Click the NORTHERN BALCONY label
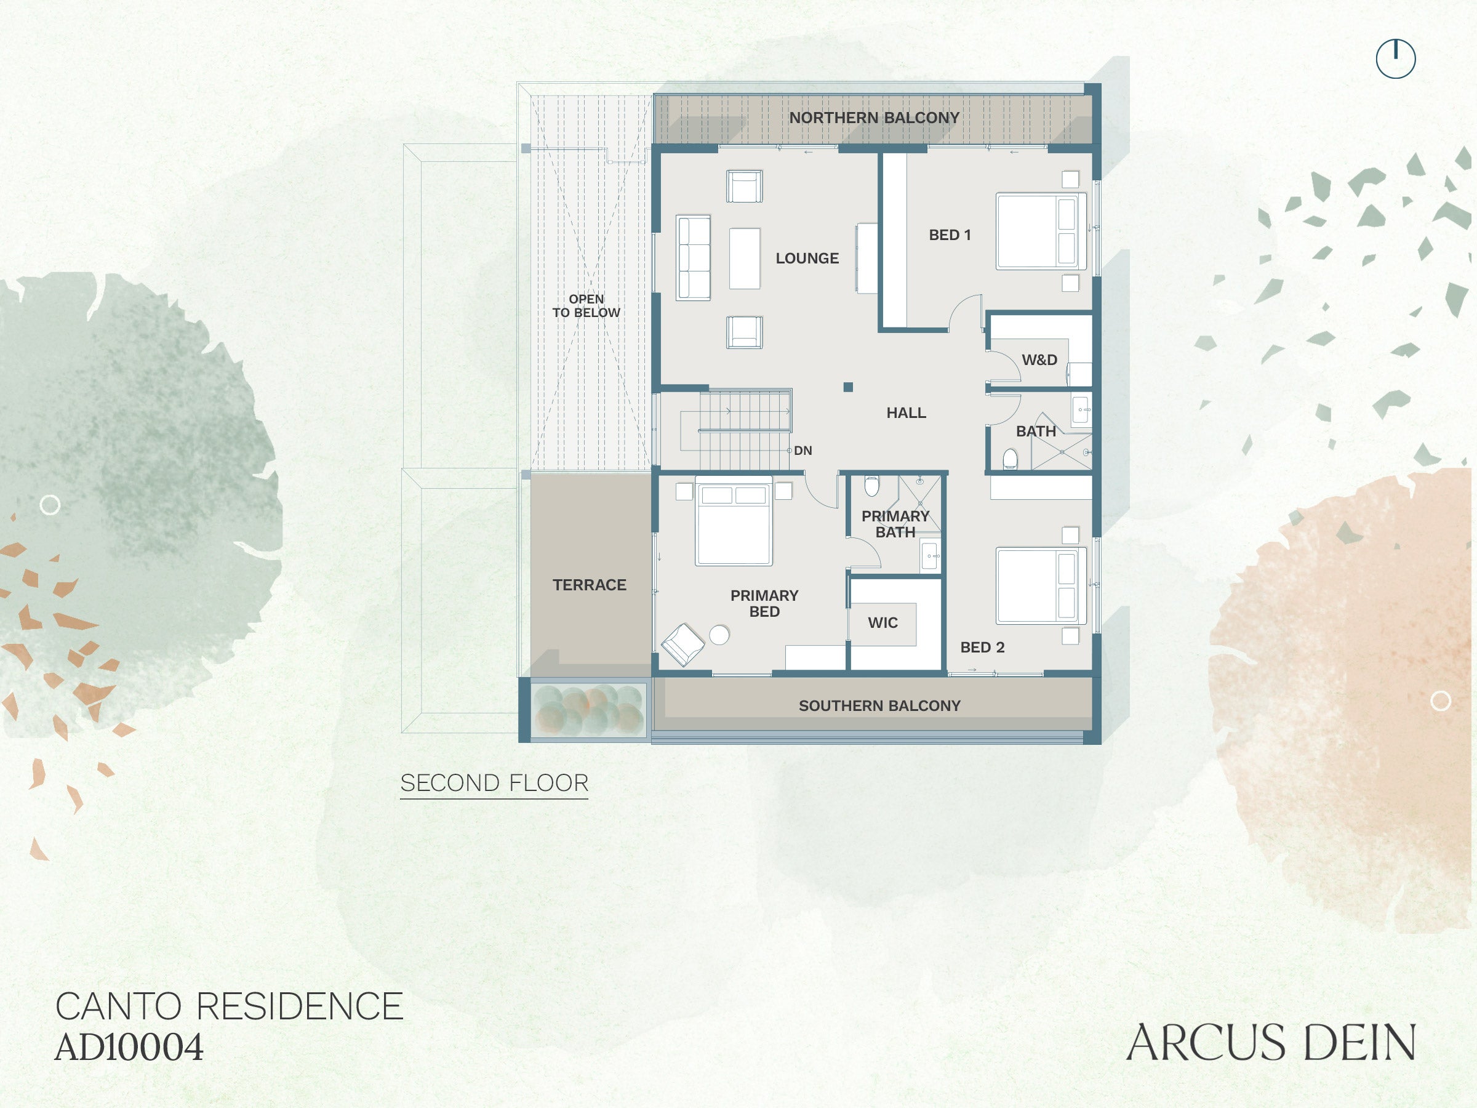tap(874, 118)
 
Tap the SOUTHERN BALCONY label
tap(879, 705)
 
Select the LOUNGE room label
tap(807, 259)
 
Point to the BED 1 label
tap(950, 235)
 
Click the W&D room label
tap(1039, 360)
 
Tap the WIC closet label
tap(883, 622)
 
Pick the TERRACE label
tap(589, 585)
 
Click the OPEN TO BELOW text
tap(586, 306)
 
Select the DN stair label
tap(803, 451)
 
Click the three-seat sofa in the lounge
tap(693, 258)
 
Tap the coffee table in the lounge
tap(745, 259)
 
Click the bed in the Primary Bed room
tap(734, 521)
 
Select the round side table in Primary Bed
tap(719, 635)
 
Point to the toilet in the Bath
tap(1011, 459)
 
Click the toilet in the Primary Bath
tap(871, 486)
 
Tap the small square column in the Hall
tap(848, 387)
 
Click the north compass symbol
tap(1396, 58)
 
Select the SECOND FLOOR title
tap(494, 783)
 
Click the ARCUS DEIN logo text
tap(1271, 1043)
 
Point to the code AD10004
tap(129, 1047)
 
